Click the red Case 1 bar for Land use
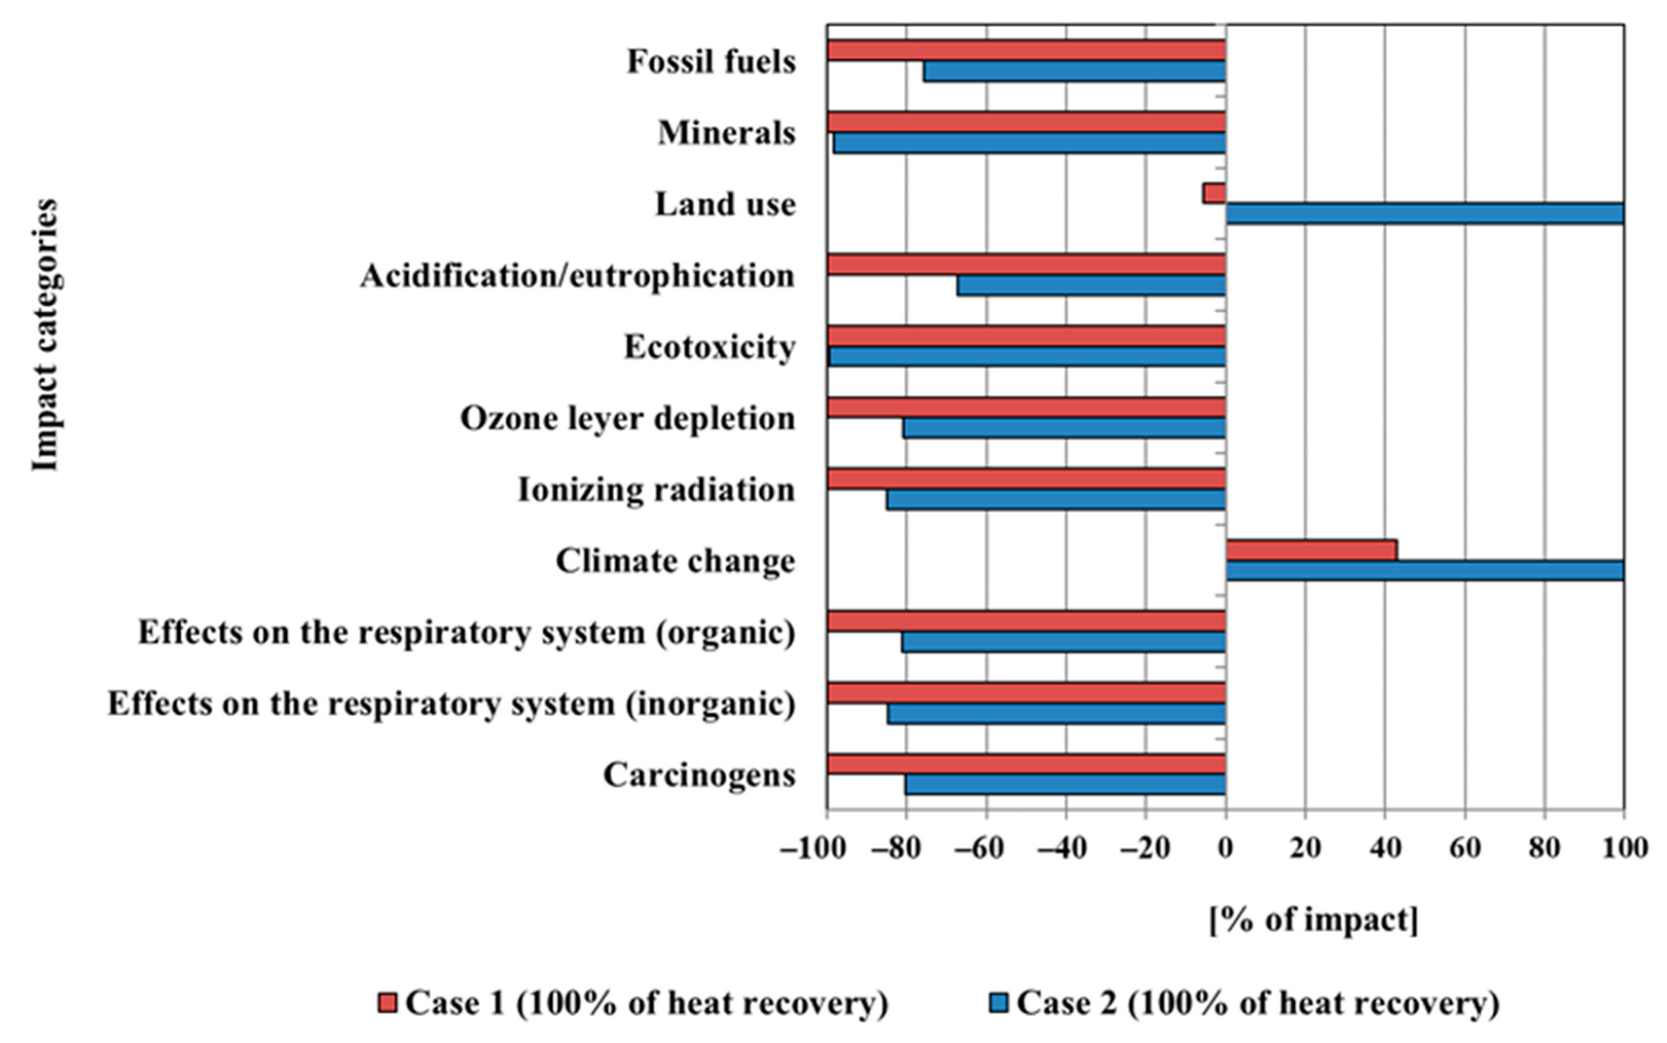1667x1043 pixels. (x=1214, y=193)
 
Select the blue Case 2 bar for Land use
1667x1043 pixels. (x=1424, y=214)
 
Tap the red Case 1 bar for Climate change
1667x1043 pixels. (x=1311, y=550)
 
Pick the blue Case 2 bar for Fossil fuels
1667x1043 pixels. (x=1074, y=71)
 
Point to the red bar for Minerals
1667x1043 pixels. (x=1026, y=122)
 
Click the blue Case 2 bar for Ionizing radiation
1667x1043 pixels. (x=1056, y=499)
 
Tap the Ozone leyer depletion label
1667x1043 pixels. (x=627, y=418)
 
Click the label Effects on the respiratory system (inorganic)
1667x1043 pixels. (x=451, y=704)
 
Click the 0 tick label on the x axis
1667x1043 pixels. (x=1225, y=848)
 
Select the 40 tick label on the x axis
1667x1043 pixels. (x=1384, y=848)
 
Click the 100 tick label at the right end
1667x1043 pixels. (x=1624, y=848)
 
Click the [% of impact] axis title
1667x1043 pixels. (x=1314, y=920)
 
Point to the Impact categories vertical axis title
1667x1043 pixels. (x=44, y=335)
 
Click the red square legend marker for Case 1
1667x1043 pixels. (x=388, y=1003)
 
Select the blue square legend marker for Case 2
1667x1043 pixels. (x=998, y=1003)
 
